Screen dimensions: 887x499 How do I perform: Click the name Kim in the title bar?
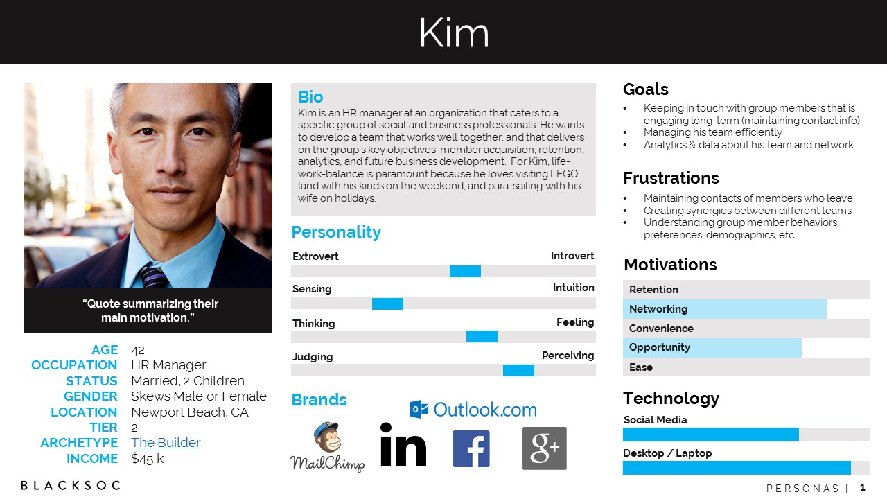[x=454, y=33]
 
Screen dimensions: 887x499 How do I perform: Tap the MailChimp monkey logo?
[x=328, y=447]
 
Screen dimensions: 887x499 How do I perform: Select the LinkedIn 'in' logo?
[x=403, y=444]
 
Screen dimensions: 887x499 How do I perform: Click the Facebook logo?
[x=471, y=448]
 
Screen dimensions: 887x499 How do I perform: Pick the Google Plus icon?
[x=545, y=448]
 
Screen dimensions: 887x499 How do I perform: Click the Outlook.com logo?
[x=473, y=410]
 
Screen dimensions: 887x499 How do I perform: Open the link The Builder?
[x=166, y=442]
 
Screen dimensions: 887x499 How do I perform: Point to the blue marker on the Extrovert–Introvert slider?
[x=465, y=271]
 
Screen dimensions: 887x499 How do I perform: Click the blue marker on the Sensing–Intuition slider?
[x=387, y=304]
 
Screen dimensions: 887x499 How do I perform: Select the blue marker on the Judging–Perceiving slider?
[x=518, y=370]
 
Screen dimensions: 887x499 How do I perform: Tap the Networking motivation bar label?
[x=658, y=309]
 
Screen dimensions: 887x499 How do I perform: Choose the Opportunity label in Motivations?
[x=660, y=347]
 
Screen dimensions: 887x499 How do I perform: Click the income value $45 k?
[x=148, y=459]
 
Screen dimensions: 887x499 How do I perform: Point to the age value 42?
[x=138, y=350]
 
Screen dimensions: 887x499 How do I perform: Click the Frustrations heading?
[x=671, y=178]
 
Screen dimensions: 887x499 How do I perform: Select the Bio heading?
[x=310, y=96]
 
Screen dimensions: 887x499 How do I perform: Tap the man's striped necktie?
[x=153, y=276]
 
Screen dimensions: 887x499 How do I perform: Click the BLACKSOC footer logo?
[x=71, y=486]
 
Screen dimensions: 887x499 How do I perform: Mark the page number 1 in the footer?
[x=862, y=487]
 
